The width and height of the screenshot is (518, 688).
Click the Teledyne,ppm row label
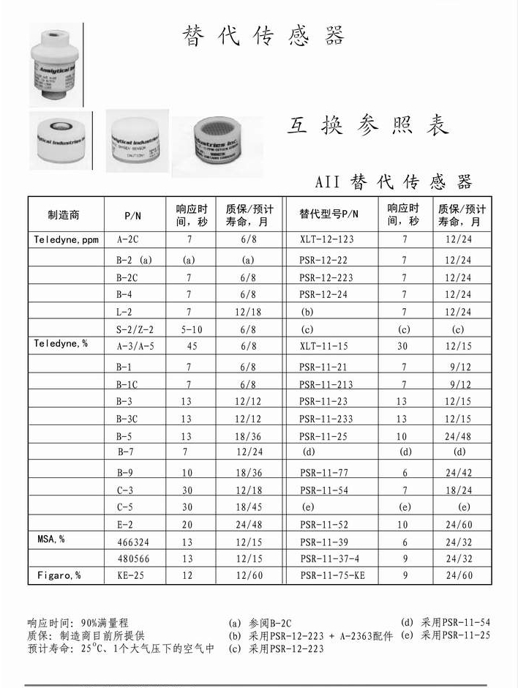pyautogui.click(x=66, y=240)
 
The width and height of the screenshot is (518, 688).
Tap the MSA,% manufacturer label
pyautogui.click(x=51, y=539)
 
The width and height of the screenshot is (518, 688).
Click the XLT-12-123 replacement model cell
pyautogui.click(x=327, y=240)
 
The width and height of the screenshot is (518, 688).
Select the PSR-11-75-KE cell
pyautogui.click(x=332, y=576)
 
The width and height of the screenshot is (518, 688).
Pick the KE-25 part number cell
pyautogui.click(x=129, y=576)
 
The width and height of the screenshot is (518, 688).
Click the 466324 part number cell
pyautogui.click(x=133, y=542)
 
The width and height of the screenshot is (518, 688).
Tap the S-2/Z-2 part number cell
pyautogui.click(x=135, y=330)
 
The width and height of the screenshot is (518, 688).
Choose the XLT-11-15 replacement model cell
pyautogui.click(x=323, y=346)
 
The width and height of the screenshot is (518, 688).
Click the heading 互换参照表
pyautogui.click(x=367, y=126)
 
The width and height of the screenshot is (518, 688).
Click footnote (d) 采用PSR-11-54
pyautogui.click(x=446, y=622)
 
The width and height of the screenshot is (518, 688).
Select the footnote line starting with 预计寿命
pyautogui.click(x=121, y=648)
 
